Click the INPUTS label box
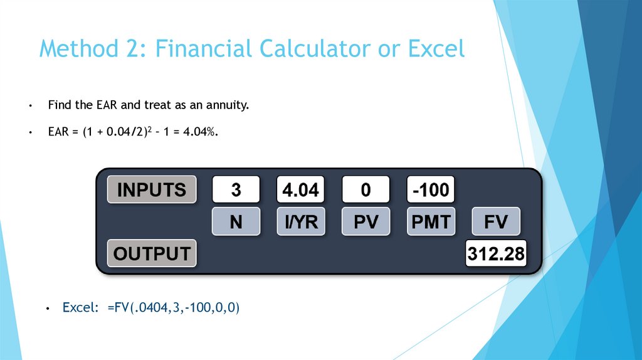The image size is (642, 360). click(x=152, y=189)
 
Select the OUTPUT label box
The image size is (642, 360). click(x=152, y=253)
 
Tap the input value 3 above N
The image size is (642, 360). click(x=236, y=189)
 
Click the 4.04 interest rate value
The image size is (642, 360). click(x=301, y=189)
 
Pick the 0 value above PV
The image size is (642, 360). click(x=366, y=189)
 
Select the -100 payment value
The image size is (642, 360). click(x=431, y=189)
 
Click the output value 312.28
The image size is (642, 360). click(x=496, y=254)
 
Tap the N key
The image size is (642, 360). click(x=236, y=221)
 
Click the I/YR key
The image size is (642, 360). click(x=301, y=221)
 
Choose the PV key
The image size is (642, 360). click(x=366, y=221)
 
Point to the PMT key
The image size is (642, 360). click(x=431, y=221)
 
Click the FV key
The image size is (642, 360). click(x=496, y=221)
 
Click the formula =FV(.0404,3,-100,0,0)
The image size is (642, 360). click(x=174, y=308)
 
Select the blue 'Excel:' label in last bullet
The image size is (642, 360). click(x=80, y=308)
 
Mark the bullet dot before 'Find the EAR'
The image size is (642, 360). click(x=30, y=106)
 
